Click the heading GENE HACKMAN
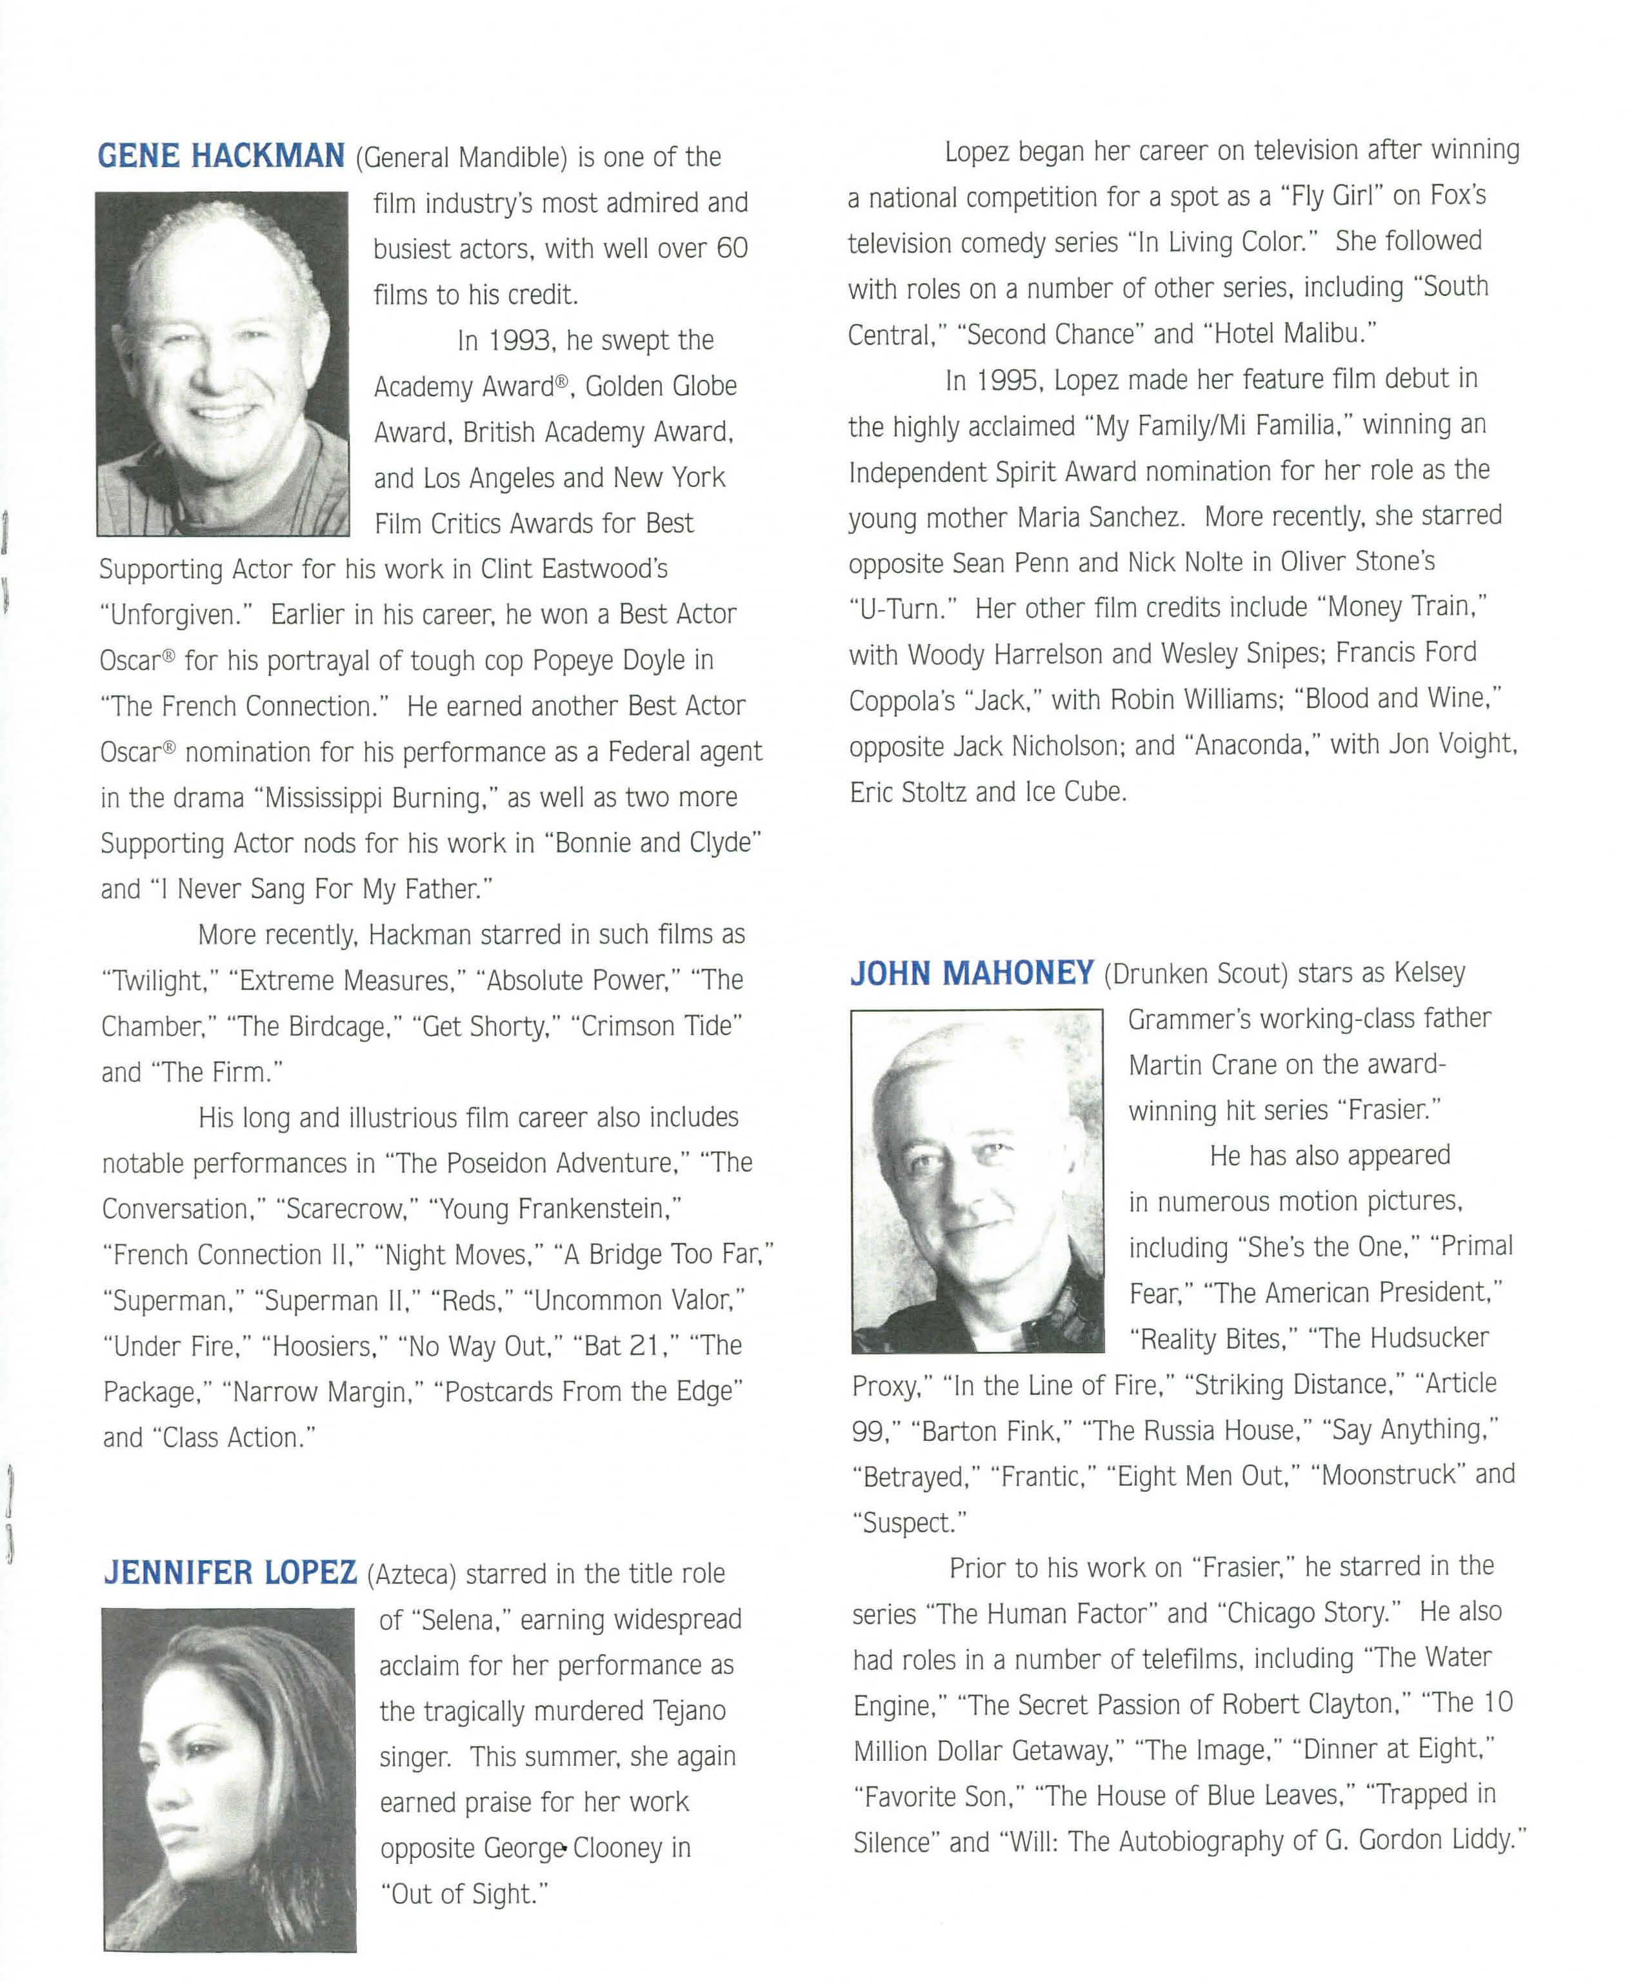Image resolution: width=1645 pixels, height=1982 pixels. pyautogui.click(x=221, y=155)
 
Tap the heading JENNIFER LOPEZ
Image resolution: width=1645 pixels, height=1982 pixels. pyautogui.click(x=230, y=1572)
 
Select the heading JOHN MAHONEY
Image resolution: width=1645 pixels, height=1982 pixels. pyautogui.click(x=972, y=973)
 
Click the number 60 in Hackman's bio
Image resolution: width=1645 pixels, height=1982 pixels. pyautogui.click(x=732, y=249)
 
